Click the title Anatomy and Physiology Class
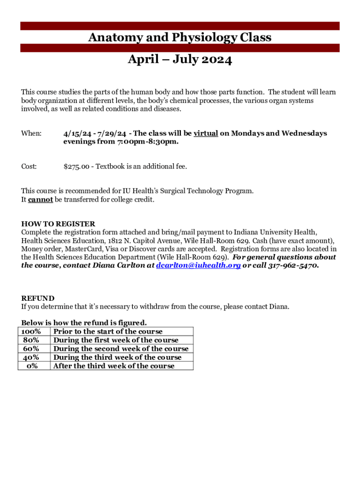(180, 37)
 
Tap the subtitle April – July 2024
(180, 60)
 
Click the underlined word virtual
(206, 133)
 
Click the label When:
(31, 133)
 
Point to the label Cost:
(29, 167)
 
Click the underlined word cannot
(40, 200)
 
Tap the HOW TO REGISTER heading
(58, 224)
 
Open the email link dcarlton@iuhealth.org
(198, 266)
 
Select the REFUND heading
(38, 298)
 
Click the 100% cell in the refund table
(31, 332)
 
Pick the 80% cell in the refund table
(31, 340)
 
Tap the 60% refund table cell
(31, 348)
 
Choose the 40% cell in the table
(31, 357)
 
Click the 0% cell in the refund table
(32, 366)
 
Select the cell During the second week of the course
(121, 348)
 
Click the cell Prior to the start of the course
(108, 332)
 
